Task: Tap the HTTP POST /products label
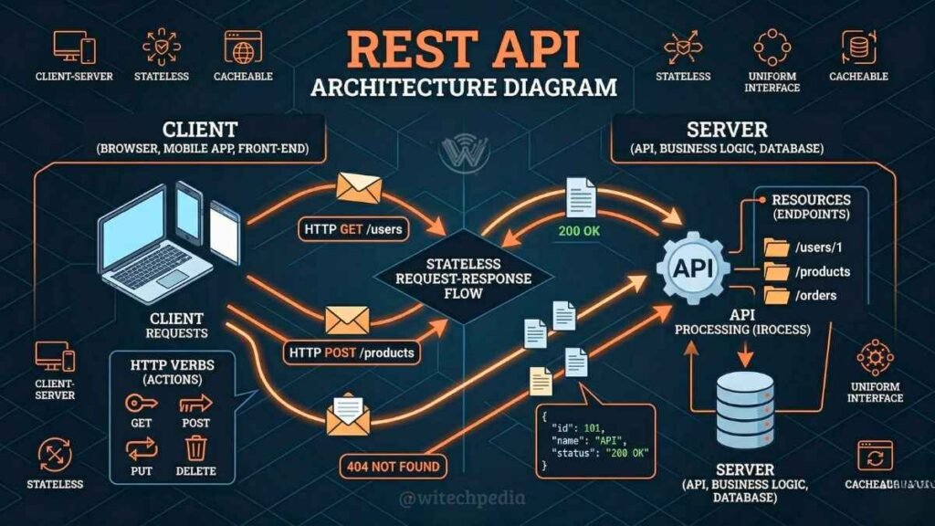coord(352,352)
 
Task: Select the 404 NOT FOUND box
coord(394,467)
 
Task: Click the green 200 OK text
coord(579,231)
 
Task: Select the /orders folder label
coord(816,295)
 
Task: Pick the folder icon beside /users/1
coord(776,247)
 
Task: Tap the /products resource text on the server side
coord(822,271)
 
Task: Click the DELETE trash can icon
coord(196,448)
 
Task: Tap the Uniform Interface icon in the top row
coord(772,47)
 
